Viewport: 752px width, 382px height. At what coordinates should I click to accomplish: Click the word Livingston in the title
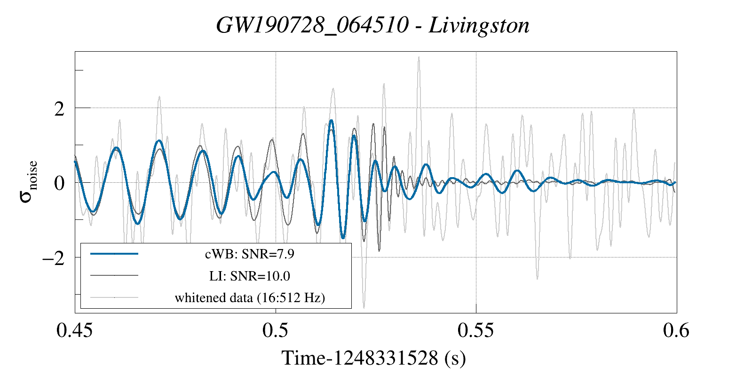click(479, 25)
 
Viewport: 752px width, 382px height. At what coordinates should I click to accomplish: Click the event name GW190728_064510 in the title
click(312, 25)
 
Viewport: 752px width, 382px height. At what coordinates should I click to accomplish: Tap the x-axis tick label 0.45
click(75, 331)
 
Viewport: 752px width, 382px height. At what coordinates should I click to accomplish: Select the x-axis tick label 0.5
click(276, 331)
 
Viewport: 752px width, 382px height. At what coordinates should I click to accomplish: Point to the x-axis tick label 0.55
click(476, 331)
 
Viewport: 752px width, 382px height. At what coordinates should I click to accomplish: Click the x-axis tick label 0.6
click(676, 331)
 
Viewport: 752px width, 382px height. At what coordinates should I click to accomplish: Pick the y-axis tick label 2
click(59, 109)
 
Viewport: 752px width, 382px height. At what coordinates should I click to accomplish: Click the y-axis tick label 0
click(59, 183)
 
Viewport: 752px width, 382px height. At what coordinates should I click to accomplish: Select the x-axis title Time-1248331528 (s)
click(374, 359)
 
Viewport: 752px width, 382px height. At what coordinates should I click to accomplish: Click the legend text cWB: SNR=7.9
click(250, 254)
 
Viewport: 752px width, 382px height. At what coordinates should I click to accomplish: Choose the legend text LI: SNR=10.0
click(250, 276)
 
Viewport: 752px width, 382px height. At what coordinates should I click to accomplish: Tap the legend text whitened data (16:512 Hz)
click(250, 297)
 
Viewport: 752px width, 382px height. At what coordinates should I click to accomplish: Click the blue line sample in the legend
click(114, 254)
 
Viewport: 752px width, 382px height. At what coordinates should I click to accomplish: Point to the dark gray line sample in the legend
click(114, 275)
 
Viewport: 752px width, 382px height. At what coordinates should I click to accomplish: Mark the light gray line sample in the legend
click(114, 297)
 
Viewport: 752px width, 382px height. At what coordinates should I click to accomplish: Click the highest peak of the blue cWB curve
click(332, 121)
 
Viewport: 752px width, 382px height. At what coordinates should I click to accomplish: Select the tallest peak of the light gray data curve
click(419, 57)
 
